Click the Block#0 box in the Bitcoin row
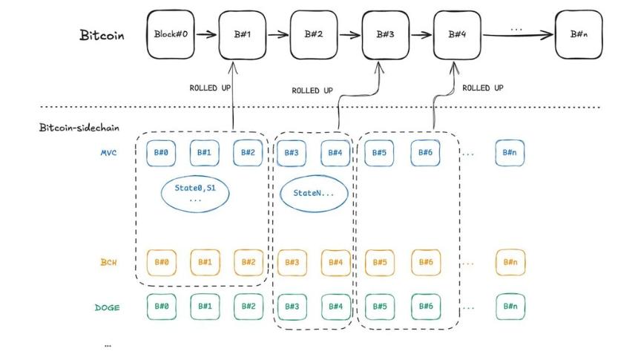(172, 34)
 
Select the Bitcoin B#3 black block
(385, 34)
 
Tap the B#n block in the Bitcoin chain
(579, 34)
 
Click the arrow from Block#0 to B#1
(208, 34)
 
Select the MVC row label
(109, 152)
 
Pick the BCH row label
(110, 262)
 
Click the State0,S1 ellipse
(195, 194)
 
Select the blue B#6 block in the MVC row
(425, 152)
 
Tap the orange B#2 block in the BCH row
(248, 262)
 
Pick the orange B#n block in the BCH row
(510, 262)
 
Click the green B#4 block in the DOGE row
(335, 305)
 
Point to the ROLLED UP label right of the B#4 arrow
(483, 88)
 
